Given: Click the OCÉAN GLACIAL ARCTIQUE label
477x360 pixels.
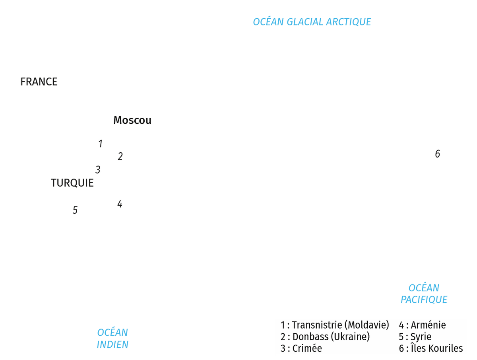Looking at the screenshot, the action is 312,21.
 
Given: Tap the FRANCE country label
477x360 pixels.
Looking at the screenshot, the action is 39,82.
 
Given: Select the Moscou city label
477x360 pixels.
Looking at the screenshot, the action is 132,120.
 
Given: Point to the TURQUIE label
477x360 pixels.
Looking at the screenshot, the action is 72,183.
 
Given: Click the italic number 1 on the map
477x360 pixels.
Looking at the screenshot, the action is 101,144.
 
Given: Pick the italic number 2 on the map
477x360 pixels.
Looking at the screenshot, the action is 120,156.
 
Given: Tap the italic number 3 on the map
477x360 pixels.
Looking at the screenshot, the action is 98,169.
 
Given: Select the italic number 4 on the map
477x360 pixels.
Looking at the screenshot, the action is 120,204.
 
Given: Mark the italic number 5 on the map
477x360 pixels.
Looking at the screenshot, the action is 75,210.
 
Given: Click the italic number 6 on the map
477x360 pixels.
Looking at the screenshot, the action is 438,154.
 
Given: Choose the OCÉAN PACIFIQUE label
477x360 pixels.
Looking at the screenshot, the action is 424,294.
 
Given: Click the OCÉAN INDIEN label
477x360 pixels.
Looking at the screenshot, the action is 112,339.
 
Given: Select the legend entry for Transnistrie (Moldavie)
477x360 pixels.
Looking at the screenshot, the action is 335,325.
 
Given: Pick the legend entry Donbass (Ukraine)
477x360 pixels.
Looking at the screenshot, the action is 325,337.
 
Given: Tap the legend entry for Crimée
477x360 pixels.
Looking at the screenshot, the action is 301,348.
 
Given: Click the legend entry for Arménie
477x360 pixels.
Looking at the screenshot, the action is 422,325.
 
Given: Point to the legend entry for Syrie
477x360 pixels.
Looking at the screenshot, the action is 415,337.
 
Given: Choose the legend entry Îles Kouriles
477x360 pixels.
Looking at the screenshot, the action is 431,348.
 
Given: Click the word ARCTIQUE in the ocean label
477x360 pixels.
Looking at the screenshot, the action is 349,22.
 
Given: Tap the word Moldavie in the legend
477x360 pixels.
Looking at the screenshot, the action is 367,325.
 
